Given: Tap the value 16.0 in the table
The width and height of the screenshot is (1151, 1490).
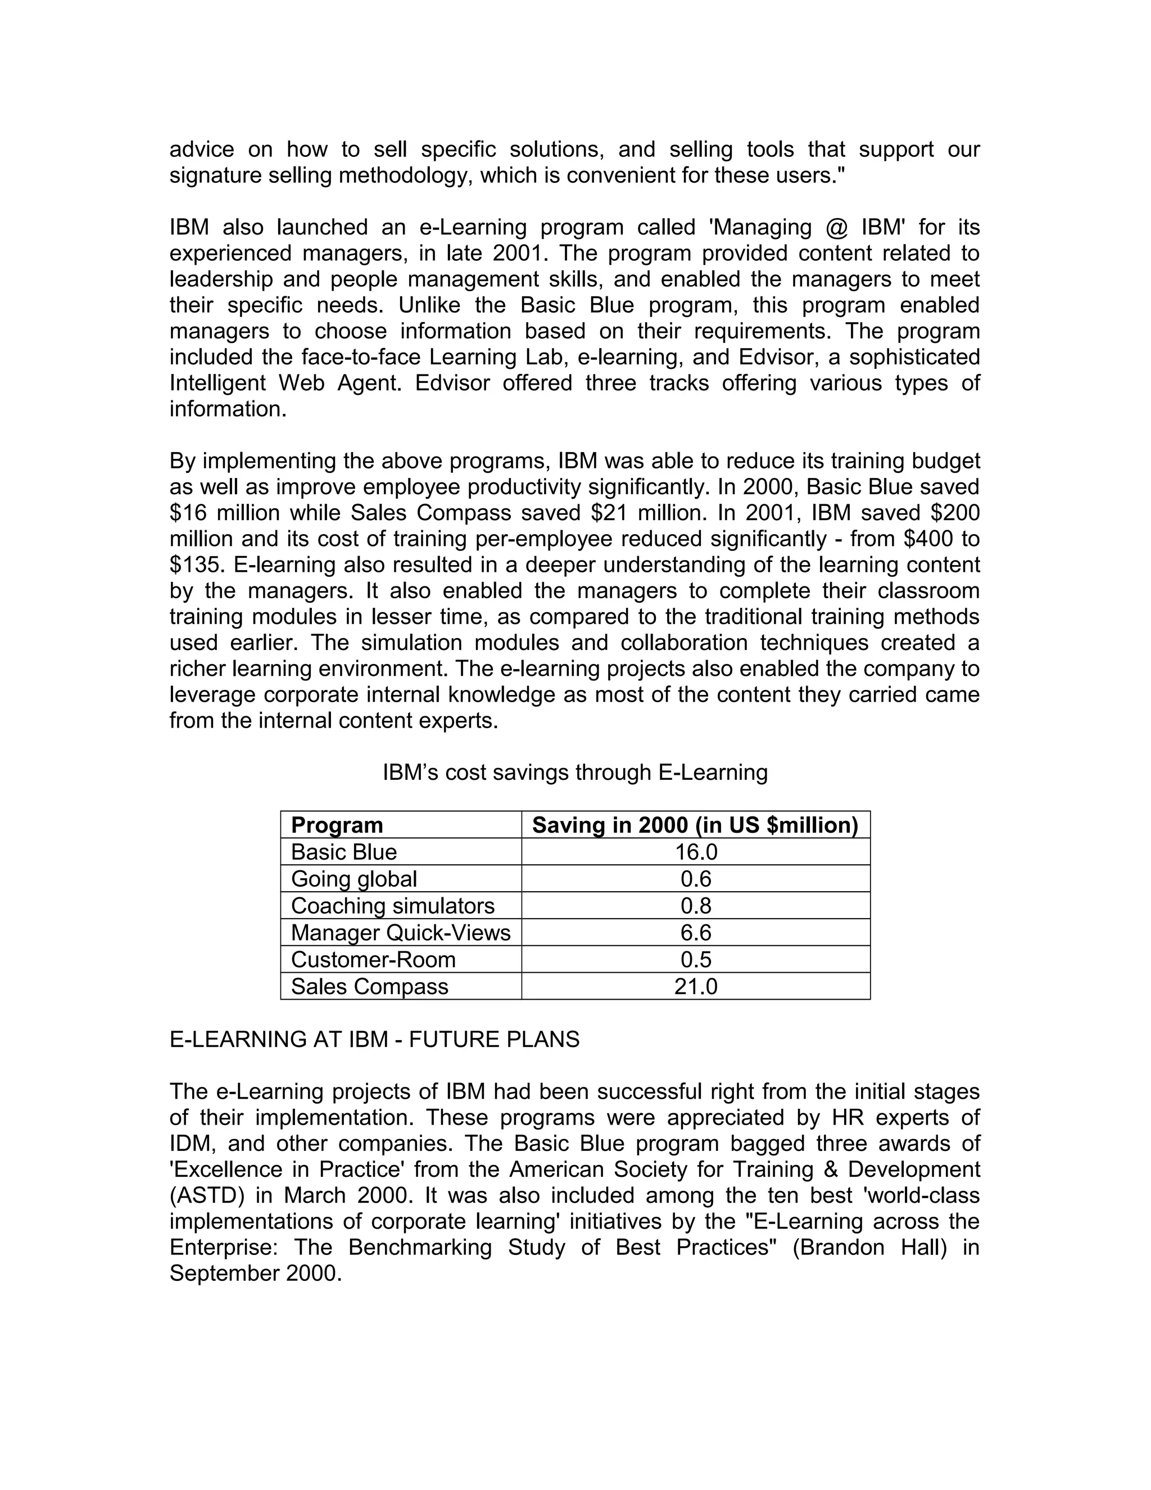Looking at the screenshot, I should pos(696,852).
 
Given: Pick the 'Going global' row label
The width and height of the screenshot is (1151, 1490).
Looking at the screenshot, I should pos(354,879).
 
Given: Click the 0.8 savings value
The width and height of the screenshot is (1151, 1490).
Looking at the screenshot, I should pos(696,906).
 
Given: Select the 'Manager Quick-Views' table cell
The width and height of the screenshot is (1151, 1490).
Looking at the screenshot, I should pos(400,933).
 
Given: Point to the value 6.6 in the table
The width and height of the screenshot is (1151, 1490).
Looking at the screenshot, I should pos(696,933).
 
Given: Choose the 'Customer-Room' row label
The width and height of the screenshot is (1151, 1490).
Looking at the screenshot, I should pos(373,960).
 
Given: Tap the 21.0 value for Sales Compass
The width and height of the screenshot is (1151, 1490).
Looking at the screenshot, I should pos(696,987).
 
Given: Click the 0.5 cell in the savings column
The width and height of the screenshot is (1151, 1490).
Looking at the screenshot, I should pos(696,960).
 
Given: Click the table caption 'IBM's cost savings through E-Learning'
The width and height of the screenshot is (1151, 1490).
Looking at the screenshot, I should pos(575,773).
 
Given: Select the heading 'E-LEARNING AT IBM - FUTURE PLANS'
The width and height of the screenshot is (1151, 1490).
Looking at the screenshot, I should pos(374,1039).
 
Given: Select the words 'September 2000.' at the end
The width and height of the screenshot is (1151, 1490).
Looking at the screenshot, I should pos(255,1273).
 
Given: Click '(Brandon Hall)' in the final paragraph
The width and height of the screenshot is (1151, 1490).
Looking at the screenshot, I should pos(869,1247).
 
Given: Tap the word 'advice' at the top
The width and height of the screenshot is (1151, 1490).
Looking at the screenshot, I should pos(201,150).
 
